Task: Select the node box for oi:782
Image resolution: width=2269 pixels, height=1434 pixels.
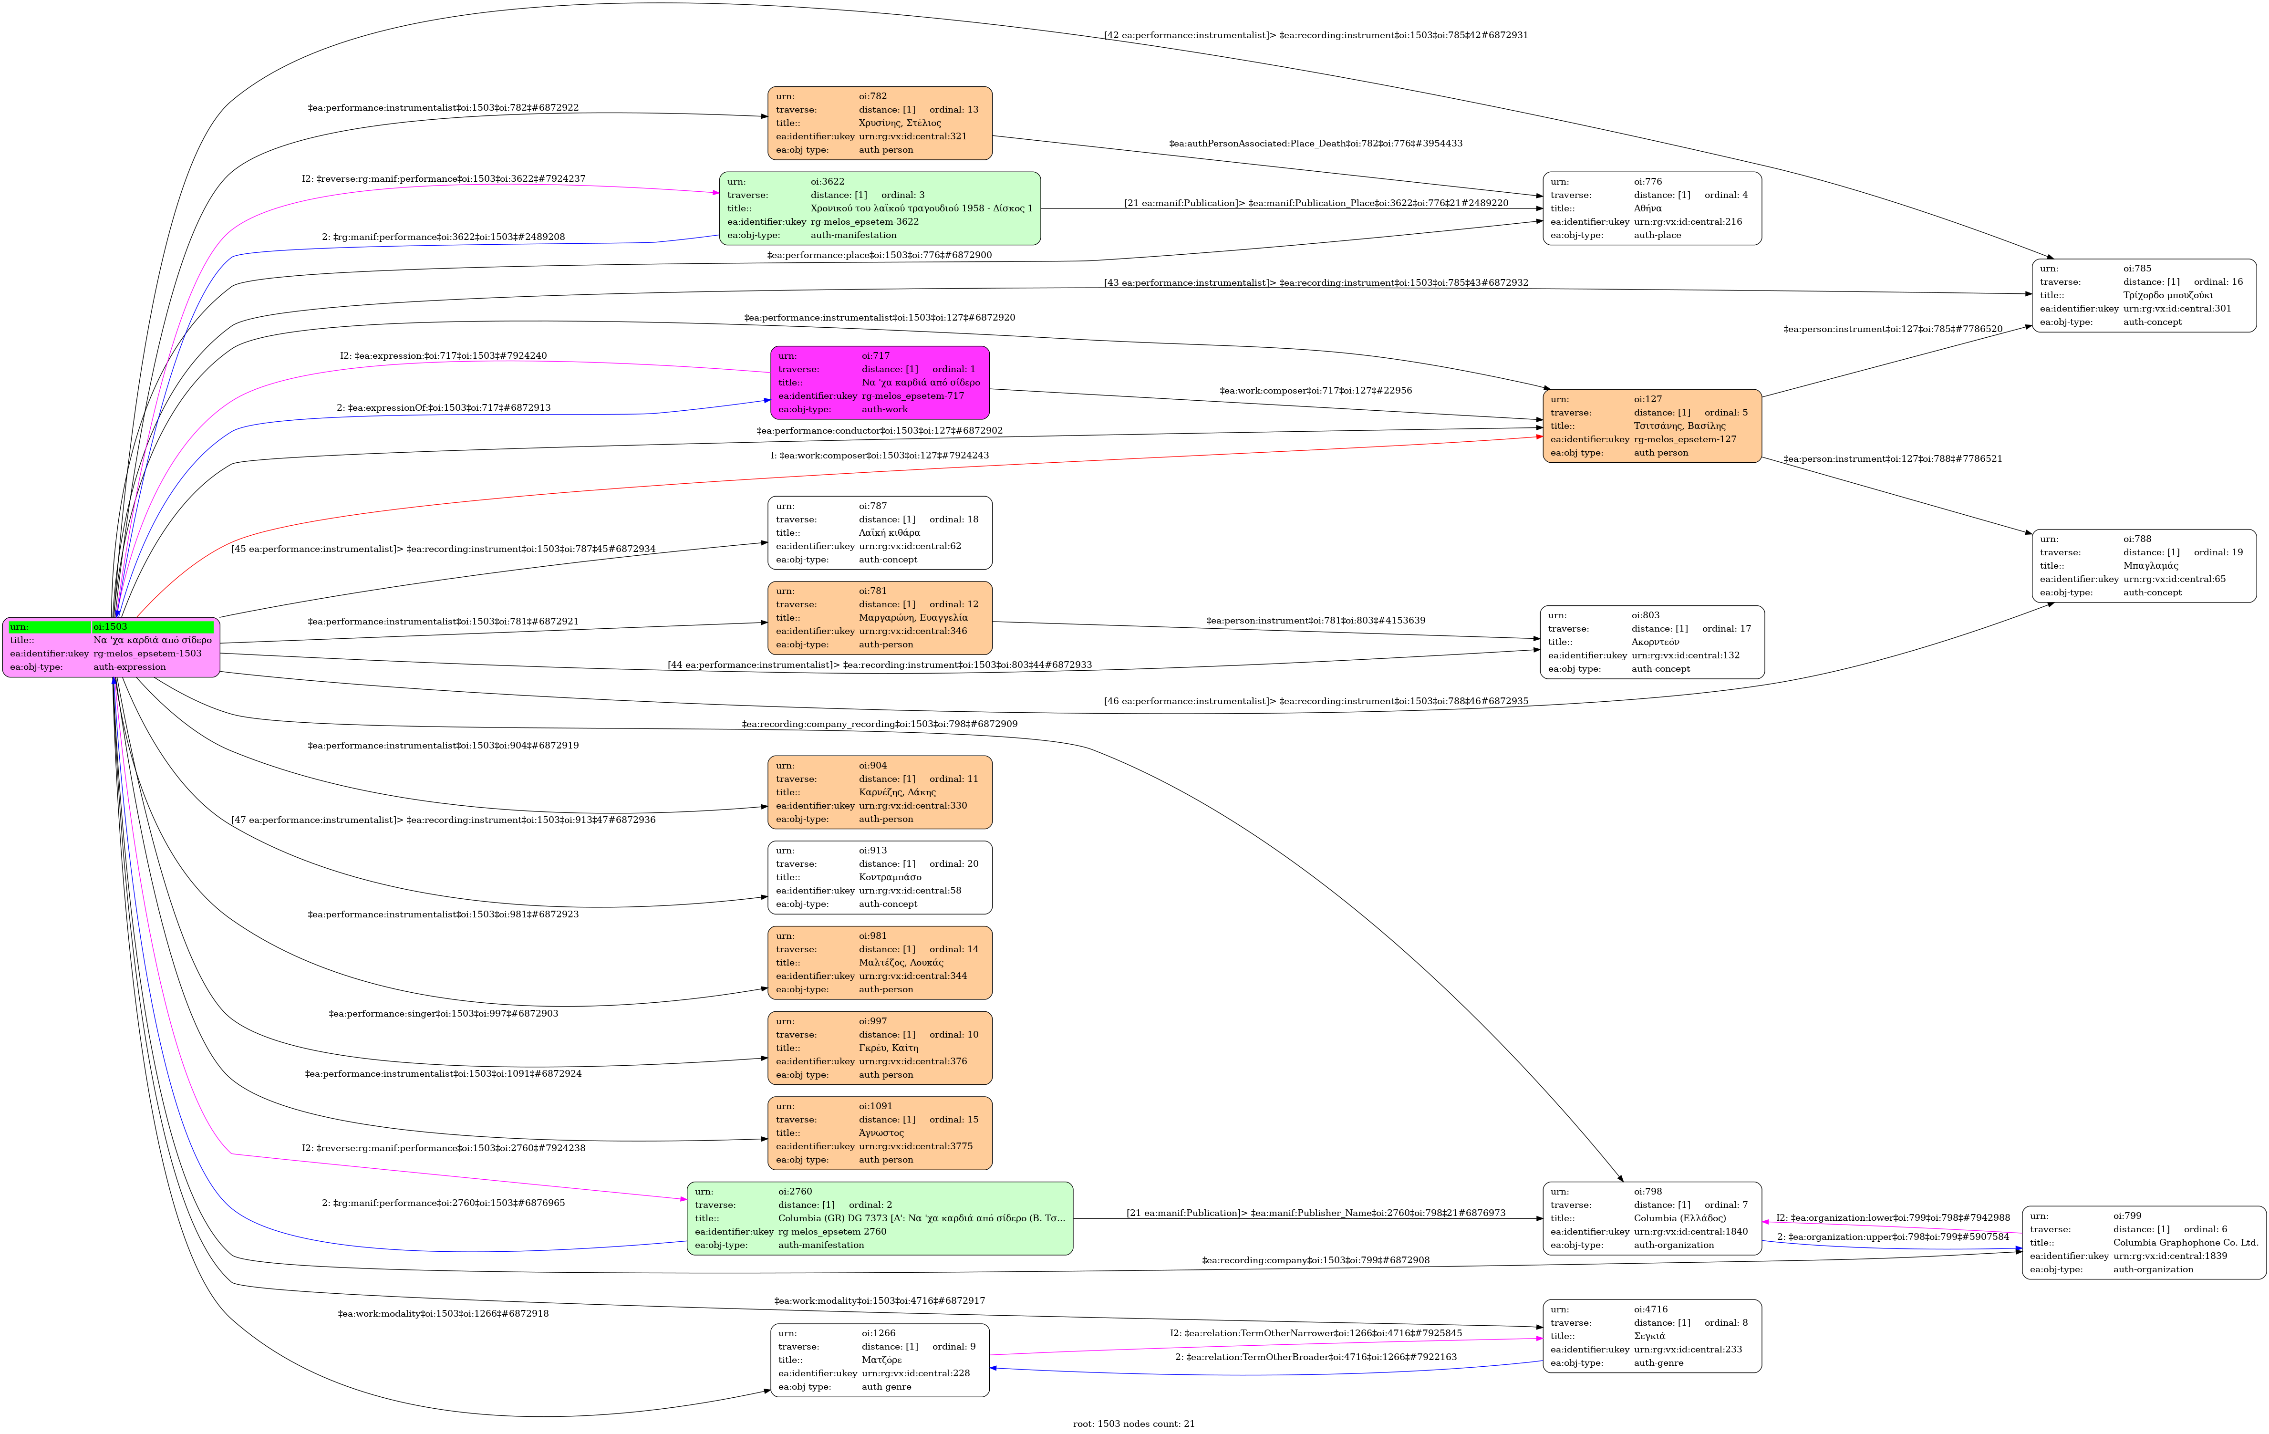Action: coord(879,124)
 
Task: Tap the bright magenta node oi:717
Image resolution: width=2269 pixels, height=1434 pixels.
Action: coord(879,383)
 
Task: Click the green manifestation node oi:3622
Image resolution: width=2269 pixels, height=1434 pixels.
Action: coord(879,208)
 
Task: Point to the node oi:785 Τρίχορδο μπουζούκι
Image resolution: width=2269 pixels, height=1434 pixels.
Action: coord(2144,295)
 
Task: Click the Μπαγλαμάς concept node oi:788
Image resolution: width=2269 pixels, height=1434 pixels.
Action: coord(2144,565)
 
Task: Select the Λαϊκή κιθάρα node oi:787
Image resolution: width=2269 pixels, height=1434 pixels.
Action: coord(879,532)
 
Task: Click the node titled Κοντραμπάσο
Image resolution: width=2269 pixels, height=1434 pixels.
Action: coord(879,877)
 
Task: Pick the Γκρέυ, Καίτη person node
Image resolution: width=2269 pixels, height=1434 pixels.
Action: coord(879,1048)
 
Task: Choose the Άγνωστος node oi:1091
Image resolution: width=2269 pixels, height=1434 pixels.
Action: coord(879,1133)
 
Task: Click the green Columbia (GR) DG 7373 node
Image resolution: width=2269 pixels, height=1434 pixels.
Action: coord(879,1218)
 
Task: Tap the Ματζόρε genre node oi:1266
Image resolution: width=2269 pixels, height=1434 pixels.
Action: coord(879,1360)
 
